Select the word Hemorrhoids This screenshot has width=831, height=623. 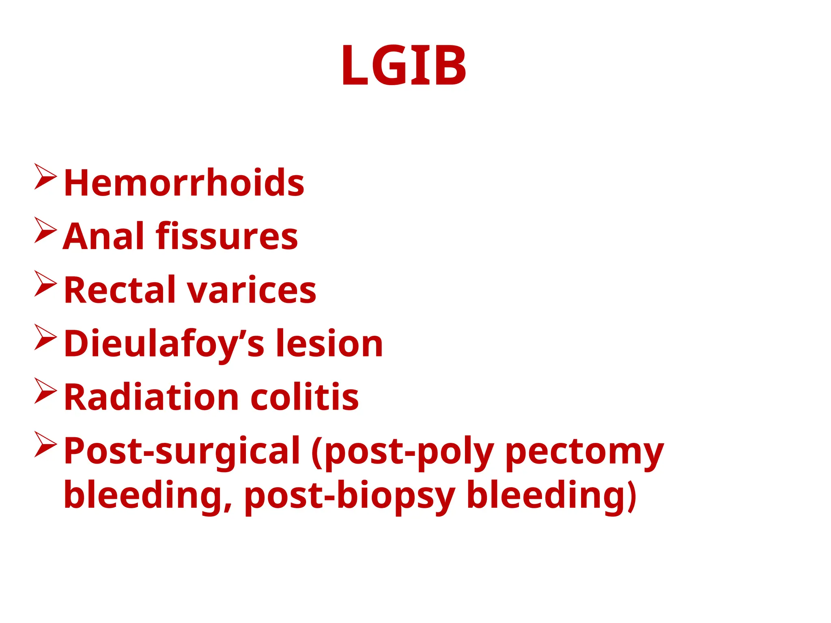184,183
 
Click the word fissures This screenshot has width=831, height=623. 227,236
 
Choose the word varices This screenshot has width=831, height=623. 251,290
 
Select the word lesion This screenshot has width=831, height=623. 329,344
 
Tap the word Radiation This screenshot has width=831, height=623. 151,397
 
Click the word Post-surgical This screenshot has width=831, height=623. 182,451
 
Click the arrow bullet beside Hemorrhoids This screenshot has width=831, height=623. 45,176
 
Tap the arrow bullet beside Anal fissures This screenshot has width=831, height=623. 45,230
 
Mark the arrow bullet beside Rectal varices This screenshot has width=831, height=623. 45,284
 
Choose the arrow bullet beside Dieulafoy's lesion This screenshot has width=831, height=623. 45,337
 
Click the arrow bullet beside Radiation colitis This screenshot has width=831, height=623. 45,391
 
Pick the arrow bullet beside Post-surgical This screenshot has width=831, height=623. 45,445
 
